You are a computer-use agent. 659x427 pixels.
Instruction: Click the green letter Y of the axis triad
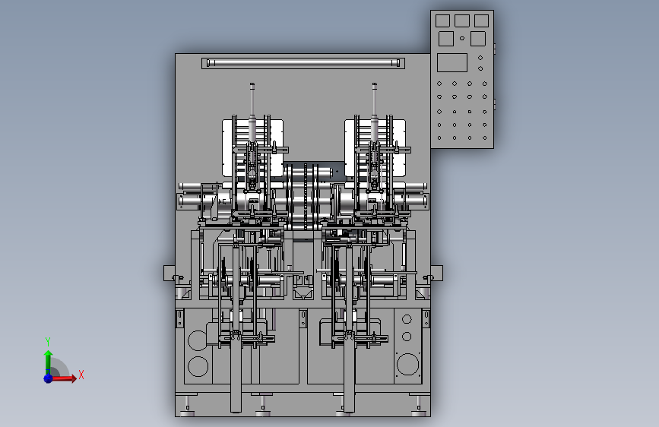48,341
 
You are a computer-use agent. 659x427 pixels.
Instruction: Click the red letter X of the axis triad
81,375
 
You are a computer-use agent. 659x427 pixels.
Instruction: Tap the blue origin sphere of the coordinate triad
49,378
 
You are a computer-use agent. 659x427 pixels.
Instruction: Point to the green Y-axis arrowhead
49,354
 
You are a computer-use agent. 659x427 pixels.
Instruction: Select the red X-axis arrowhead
74,378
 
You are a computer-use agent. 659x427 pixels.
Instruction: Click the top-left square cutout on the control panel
442,21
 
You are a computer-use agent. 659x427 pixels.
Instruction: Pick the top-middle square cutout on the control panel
462,21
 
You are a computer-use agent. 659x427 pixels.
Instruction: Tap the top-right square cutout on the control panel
481,21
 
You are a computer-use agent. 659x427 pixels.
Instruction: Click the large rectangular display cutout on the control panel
452,62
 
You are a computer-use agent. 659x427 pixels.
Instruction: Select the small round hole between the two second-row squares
462,38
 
